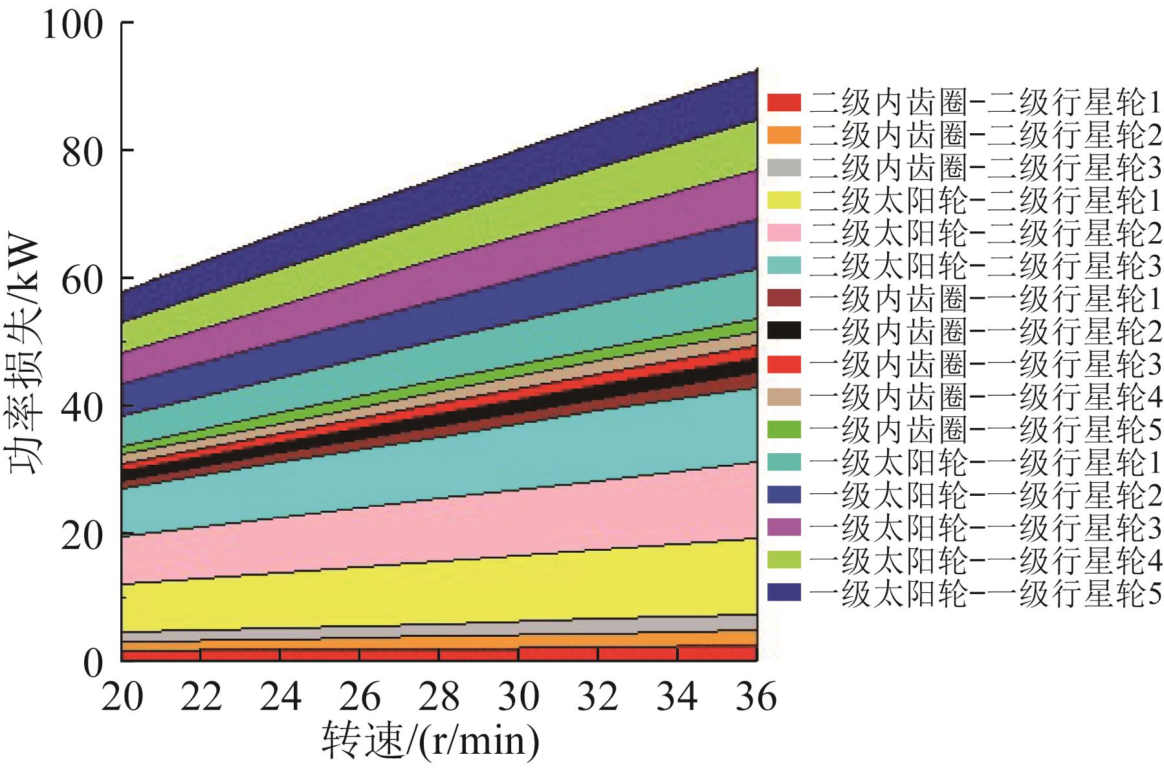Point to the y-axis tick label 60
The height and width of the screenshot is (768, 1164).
[x=82, y=279]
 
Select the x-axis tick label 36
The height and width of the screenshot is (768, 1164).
[x=756, y=697]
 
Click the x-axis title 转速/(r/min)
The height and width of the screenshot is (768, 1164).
[x=430, y=740]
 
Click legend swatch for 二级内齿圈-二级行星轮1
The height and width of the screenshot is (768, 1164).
[x=784, y=103]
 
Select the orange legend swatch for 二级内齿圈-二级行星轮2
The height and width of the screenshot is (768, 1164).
[x=784, y=135]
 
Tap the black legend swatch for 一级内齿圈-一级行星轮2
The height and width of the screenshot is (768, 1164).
[x=784, y=331]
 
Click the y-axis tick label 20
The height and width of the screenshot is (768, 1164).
[x=82, y=535]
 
